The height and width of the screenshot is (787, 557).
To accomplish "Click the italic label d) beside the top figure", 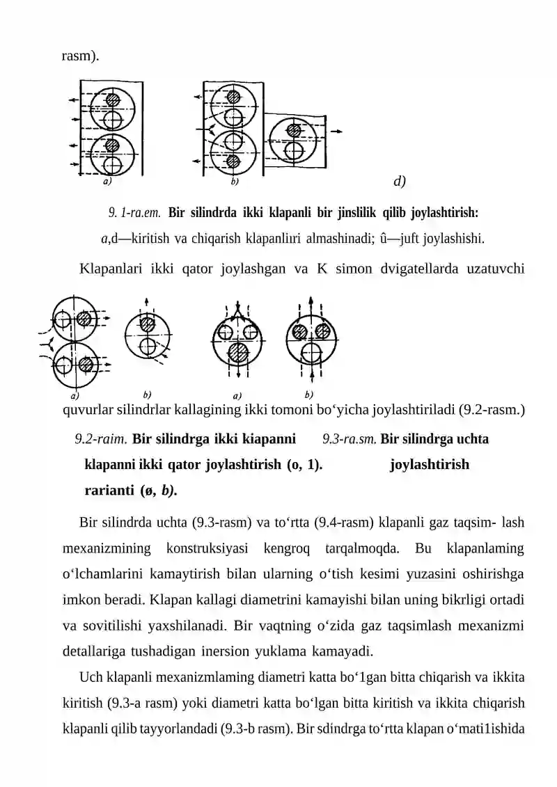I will pyautogui.click(x=400, y=182).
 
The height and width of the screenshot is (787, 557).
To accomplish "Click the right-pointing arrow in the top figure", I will pyautogui.click(x=336, y=131).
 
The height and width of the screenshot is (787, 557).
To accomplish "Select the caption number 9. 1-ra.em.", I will pyautogui.click(x=135, y=212).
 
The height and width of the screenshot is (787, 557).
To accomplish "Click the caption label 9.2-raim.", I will pyautogui.click(x=101, y=439).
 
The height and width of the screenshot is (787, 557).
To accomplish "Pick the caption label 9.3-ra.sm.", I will pyautogui.click(x=350, y=439).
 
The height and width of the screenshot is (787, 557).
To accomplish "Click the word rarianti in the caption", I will pyautogui.click(x=109, y=490).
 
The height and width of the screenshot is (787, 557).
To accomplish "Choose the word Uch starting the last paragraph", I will pyautogui.click(x=91, y=677).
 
